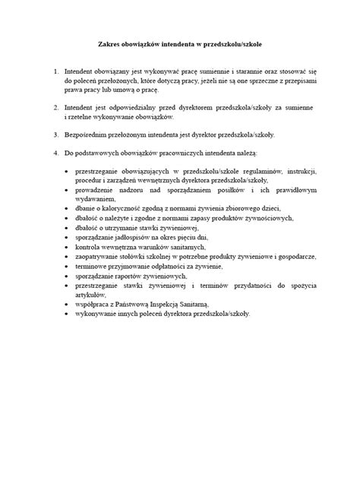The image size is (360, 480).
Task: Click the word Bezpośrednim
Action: [87, 134]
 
